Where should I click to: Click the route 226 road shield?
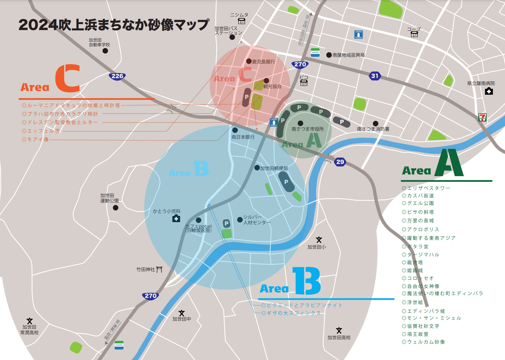tap(117, 76)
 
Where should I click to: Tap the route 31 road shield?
tap(375, 76)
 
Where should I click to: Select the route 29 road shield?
tap(340, 162)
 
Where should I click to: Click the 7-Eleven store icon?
tap(482, 117)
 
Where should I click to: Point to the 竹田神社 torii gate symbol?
tap(159, 269)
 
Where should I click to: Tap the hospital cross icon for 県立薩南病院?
tap(489, 91)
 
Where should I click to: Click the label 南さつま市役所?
tap(308, 129)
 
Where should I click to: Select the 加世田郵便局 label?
tap(274, 168)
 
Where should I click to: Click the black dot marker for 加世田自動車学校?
tap(105, 51)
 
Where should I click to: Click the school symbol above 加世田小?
tap(319, 240)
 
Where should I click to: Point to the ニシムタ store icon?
tap(241, 21)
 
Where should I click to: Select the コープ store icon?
tap(414, 34)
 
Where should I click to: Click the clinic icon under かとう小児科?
tap(176, 219)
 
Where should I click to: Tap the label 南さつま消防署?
tap(373, 129)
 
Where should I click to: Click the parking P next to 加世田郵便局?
tap(286, 182)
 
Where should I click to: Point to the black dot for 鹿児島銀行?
tap(249, 61)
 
